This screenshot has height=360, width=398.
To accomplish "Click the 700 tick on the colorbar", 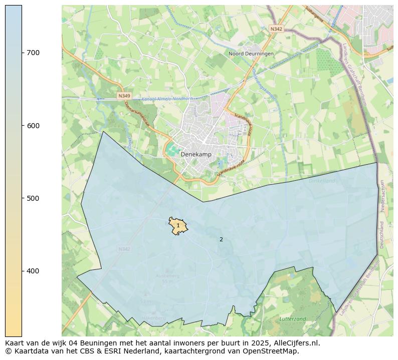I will tap(23, 53).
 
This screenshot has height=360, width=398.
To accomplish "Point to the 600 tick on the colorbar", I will tap(23, 125).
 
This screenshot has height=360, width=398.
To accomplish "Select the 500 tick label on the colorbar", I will tap(33, 198).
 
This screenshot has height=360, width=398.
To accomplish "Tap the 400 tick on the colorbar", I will tap(23, 271).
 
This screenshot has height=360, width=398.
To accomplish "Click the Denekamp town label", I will tap(195, 155).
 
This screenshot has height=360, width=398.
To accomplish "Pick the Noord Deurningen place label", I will tap(251, 54).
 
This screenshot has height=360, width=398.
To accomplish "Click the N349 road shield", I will tap(124, 95).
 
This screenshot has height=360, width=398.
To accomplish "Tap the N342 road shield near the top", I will tap(276, 29).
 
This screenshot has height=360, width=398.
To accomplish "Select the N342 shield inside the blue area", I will tap(124, 249).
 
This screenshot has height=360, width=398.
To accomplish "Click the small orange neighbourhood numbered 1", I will tap(177, 226).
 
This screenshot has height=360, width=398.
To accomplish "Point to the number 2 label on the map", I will tap(221, 239).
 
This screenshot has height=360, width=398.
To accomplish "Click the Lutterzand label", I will tap(292, 318).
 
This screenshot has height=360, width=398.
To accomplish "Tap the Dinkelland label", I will tap(321, 180).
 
